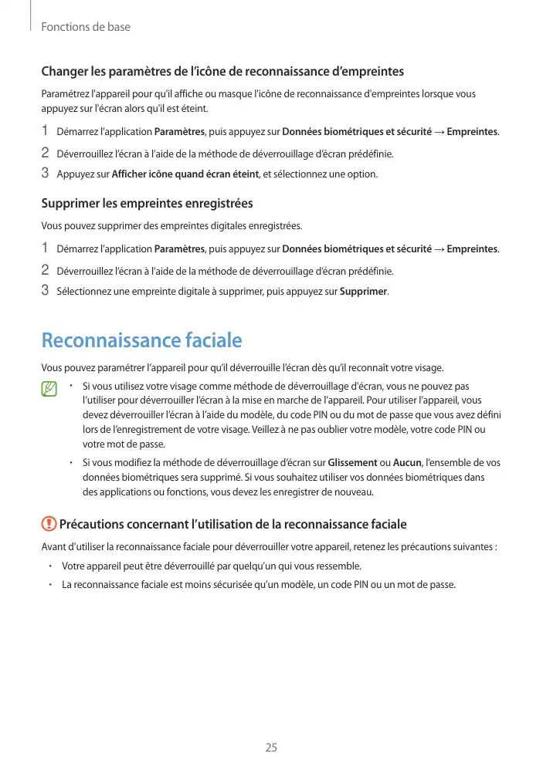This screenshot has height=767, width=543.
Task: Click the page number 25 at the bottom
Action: (x=271, y=747)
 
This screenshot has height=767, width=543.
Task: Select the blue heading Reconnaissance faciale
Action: (x=141, y=340)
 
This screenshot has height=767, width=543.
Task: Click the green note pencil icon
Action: (x=50, y=389)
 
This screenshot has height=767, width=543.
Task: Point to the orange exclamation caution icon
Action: (x=49, y=524)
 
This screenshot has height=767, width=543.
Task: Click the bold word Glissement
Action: (x=352, y=462)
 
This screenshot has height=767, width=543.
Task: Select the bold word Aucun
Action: (x=407, y=462)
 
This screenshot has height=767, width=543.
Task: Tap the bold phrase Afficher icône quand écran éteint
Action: (x=185, y=174)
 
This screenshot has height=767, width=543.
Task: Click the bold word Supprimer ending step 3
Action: (x=364, y=292)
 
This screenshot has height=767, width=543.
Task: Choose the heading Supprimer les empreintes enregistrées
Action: (x=147, y=204)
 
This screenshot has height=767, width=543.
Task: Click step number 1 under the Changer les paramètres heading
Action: (x=45, y=130)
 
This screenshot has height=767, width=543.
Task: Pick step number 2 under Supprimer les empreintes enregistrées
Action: (x=45, y=271)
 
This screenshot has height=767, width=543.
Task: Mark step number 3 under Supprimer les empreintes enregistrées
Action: (x=45, y=291)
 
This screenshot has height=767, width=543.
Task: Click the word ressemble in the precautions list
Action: (x=338, y=566)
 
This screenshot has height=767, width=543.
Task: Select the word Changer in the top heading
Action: (x=64, y=73)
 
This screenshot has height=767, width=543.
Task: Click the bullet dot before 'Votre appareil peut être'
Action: (x=49, y=566)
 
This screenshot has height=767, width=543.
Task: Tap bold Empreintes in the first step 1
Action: (x=472, y=132)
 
